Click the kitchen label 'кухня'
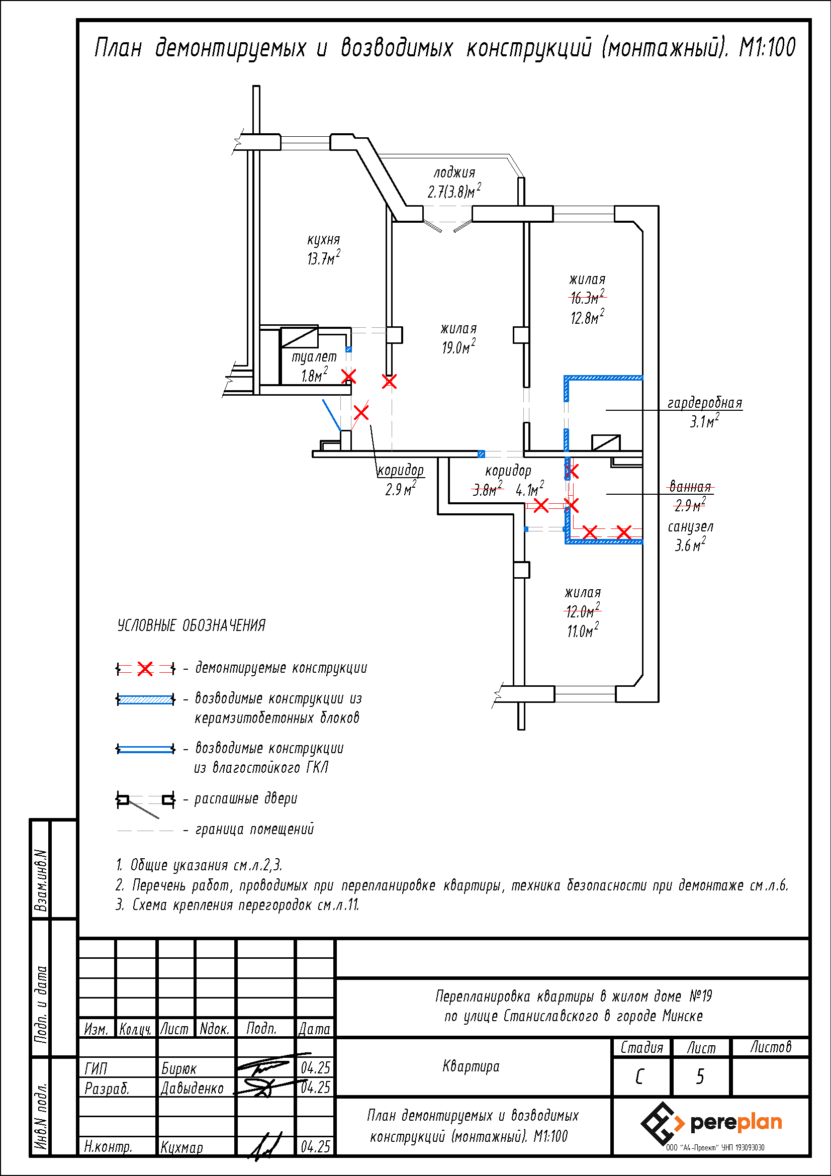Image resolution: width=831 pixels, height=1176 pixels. tap(324, 240)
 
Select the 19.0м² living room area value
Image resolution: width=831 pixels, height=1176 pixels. tap(458, 347)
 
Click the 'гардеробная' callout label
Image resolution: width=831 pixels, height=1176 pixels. tap(704, 403)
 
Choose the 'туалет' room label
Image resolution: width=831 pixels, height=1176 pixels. tap(314, 357)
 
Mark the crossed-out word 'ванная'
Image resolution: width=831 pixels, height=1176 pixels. tap(691, 487)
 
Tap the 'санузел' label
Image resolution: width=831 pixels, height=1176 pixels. tap(690, 526)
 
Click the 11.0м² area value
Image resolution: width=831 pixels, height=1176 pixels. tap(583, 630)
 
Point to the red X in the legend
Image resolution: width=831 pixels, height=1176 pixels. tap(145, 669)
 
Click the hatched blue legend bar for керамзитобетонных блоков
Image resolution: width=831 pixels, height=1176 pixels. tap(146, 699)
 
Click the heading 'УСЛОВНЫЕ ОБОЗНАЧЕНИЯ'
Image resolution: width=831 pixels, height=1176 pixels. tap(192, 625)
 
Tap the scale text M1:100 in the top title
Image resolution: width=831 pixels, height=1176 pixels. tap(767, 48)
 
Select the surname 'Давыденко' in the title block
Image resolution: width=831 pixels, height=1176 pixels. tap(192, 1089)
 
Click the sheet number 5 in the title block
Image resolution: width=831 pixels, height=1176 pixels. tap(700, 1076)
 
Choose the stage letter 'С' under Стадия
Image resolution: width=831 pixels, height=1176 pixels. tap(639, 1077)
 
